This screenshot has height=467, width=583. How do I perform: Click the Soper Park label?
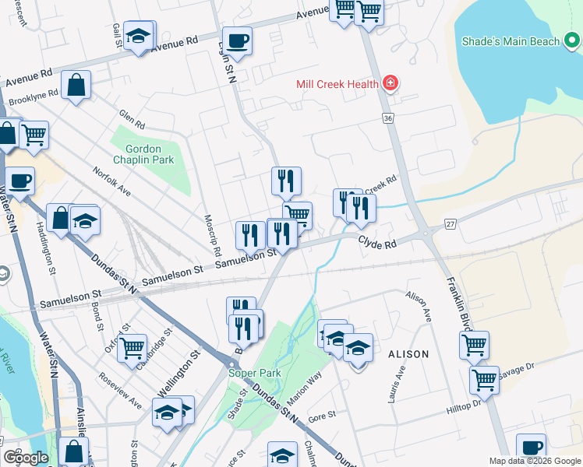click(x=253, y=373)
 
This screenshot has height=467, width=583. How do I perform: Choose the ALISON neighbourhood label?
click(x=408, y=354)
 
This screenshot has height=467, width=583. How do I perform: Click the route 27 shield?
click(x=450, y=223)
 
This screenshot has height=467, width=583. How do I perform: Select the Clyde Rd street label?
click(x=378, y=244)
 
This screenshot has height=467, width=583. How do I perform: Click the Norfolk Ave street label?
click(x=108, y=183)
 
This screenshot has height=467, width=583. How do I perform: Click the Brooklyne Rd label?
click(x=33, y=97)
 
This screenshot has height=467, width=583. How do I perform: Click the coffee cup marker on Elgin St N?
click(x=237, y=41)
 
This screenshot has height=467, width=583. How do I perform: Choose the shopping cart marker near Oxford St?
click(x=132, y=349)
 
